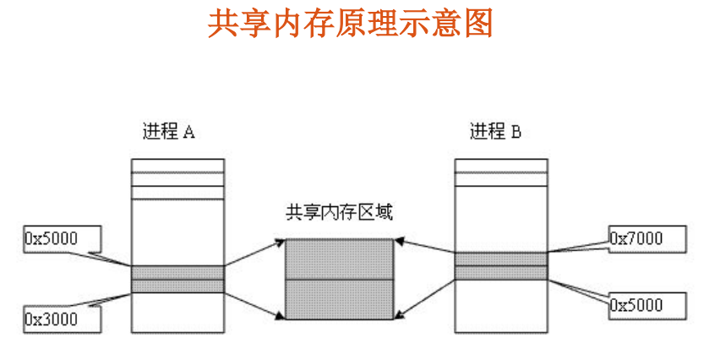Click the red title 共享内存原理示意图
350,24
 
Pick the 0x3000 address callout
52,319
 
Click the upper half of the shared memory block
339,259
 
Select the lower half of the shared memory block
339,299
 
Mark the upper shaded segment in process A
177,272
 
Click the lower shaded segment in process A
177,286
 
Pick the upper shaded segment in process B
500,259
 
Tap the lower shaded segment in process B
500,272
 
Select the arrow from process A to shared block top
254,254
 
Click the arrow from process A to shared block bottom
254,303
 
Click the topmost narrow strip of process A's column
177,166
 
